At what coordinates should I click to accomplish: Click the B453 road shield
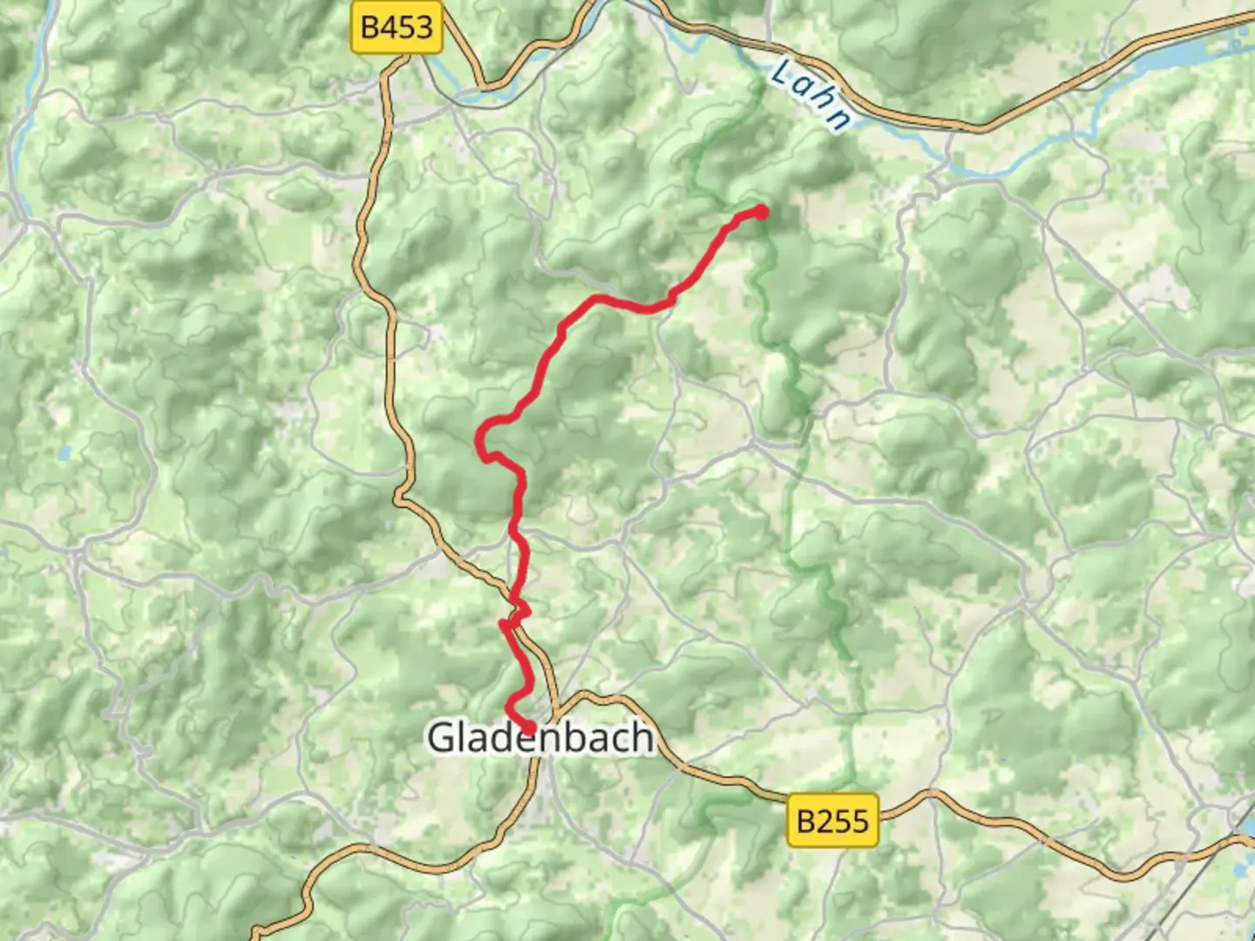(x=397, y=27)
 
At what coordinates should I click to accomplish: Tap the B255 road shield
(x=832, y=820)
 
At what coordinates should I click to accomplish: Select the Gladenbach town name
(x=540, y=737)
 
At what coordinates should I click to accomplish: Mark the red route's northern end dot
(x=761, y=212)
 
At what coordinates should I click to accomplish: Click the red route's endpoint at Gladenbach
(x=528, y=728)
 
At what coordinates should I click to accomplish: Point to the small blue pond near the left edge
(x=64, y=453)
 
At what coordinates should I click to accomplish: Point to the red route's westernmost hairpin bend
(x=478, y=440)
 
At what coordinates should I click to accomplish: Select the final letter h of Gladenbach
(x=643, y=737)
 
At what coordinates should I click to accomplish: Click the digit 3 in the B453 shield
(x=422, y=27)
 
